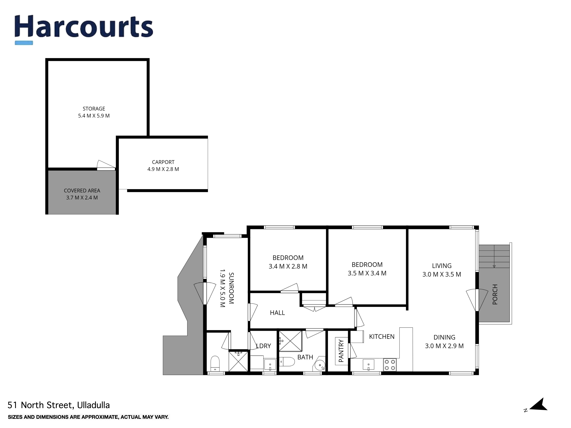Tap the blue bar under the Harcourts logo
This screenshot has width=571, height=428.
[24, 43]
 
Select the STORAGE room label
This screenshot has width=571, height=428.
[94, 109]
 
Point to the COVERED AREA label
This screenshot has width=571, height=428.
[82, 191]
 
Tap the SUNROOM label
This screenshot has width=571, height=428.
[231, 288]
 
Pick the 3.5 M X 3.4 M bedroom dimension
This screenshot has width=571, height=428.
[367, 273]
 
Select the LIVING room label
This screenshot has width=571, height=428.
[442, 266]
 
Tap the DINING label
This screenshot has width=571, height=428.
[444, 337]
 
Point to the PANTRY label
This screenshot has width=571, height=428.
[341, 351]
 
